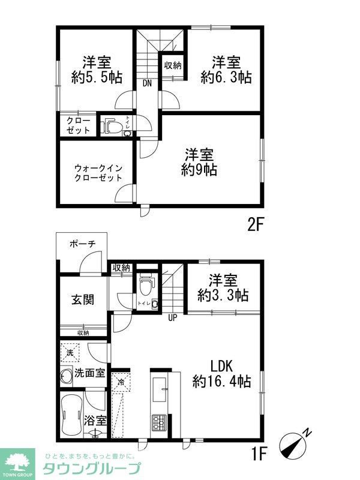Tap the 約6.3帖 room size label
(226, 77)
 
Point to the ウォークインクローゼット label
(98, 172)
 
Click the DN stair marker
(147, 83)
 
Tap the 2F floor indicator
(256, 224)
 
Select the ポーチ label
(82, 244)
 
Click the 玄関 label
(83, 299)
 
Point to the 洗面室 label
(89, 373)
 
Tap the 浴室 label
(97, 420)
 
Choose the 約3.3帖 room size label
(224, 295)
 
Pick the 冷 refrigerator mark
(121, 382)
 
